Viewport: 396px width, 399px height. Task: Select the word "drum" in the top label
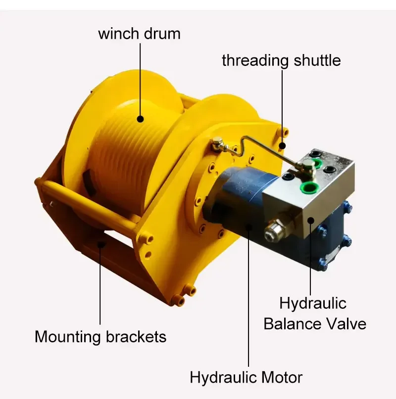(162, 34)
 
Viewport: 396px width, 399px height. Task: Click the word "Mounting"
(68, 337)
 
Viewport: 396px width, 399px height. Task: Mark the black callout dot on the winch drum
(140, 119)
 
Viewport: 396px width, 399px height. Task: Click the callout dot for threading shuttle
(282, 146)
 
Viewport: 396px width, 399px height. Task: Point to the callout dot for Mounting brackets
(100, 243)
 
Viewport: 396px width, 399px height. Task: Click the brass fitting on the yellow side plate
(218, 145)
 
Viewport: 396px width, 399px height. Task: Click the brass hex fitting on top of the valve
(308, 167)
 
